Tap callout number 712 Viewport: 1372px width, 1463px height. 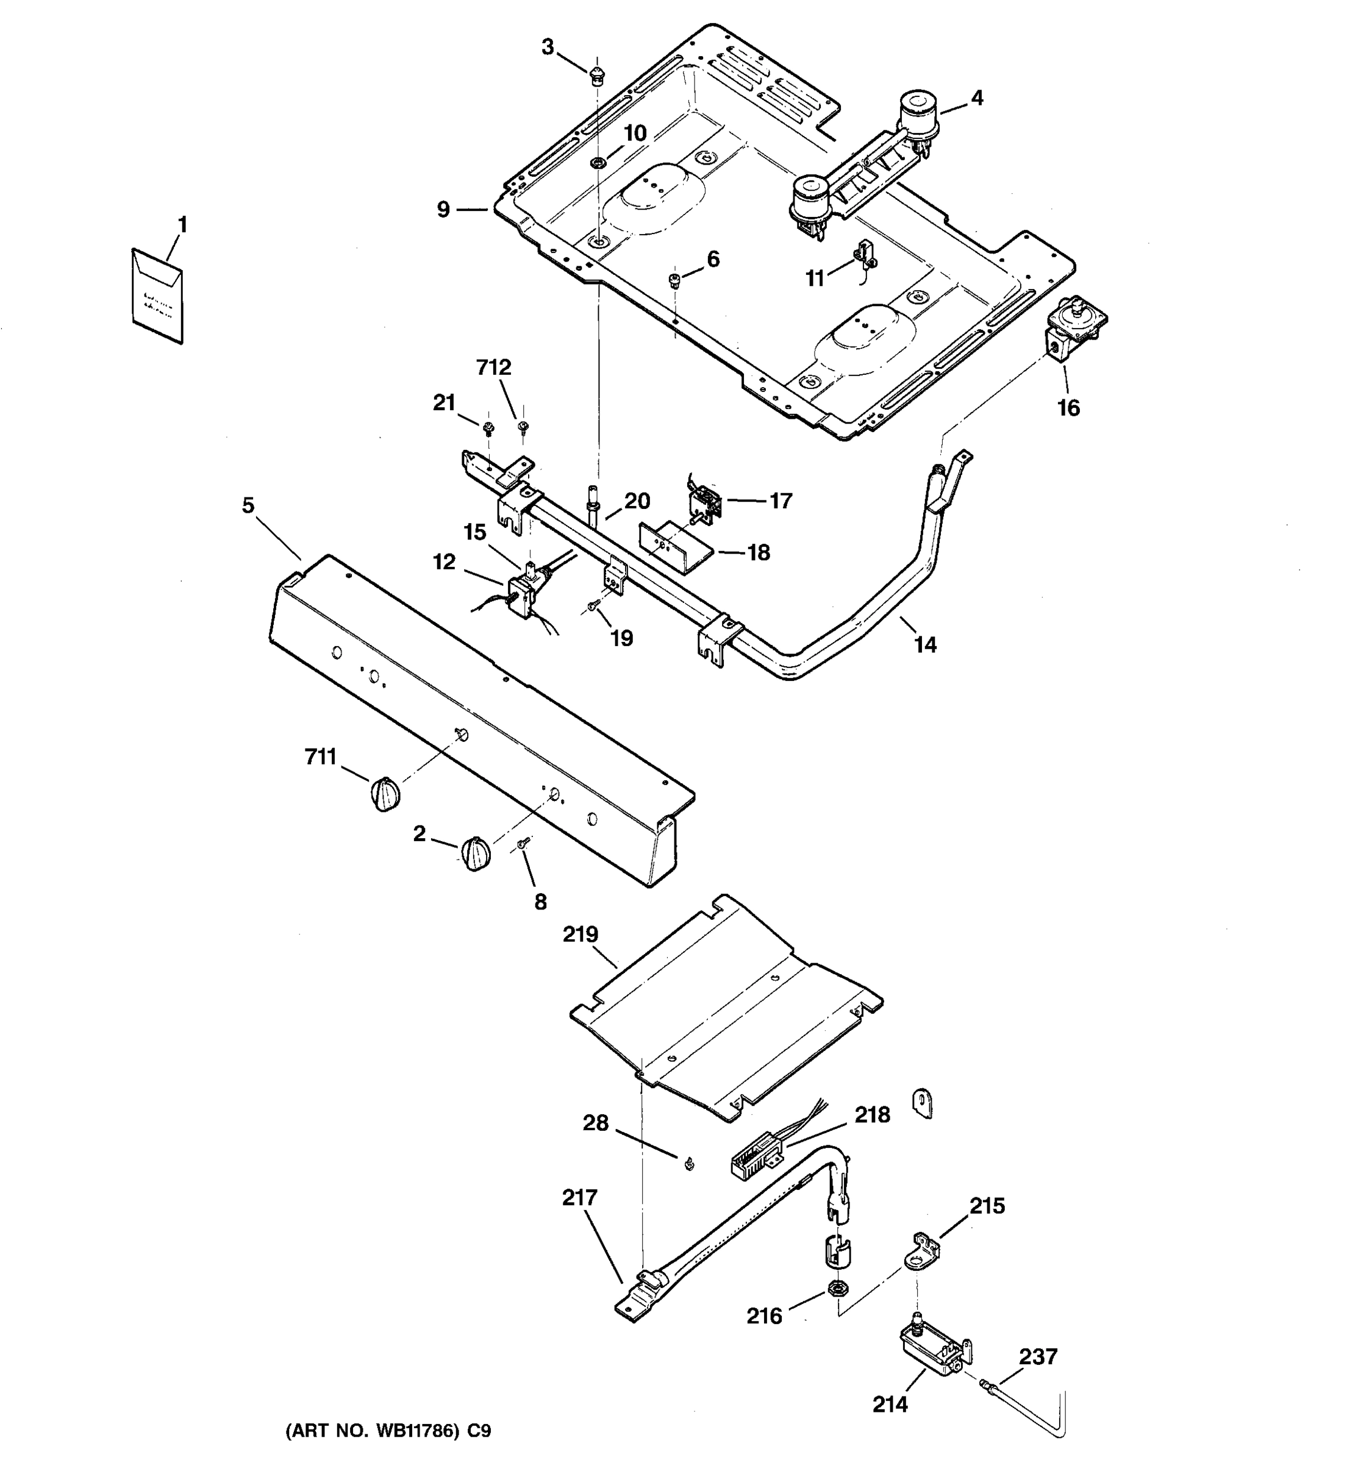pos(493,367)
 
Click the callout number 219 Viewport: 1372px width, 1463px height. pos(581,934)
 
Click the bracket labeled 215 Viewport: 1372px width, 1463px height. pos(924,1251)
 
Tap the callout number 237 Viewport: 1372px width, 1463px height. pos(1038,1356)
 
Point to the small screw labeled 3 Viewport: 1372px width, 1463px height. pos(597,74)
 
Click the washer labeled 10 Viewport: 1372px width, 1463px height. pos(598,162)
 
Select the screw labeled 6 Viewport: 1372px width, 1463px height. pos(673,279)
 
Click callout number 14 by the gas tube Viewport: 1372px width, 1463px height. pos(924,645)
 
